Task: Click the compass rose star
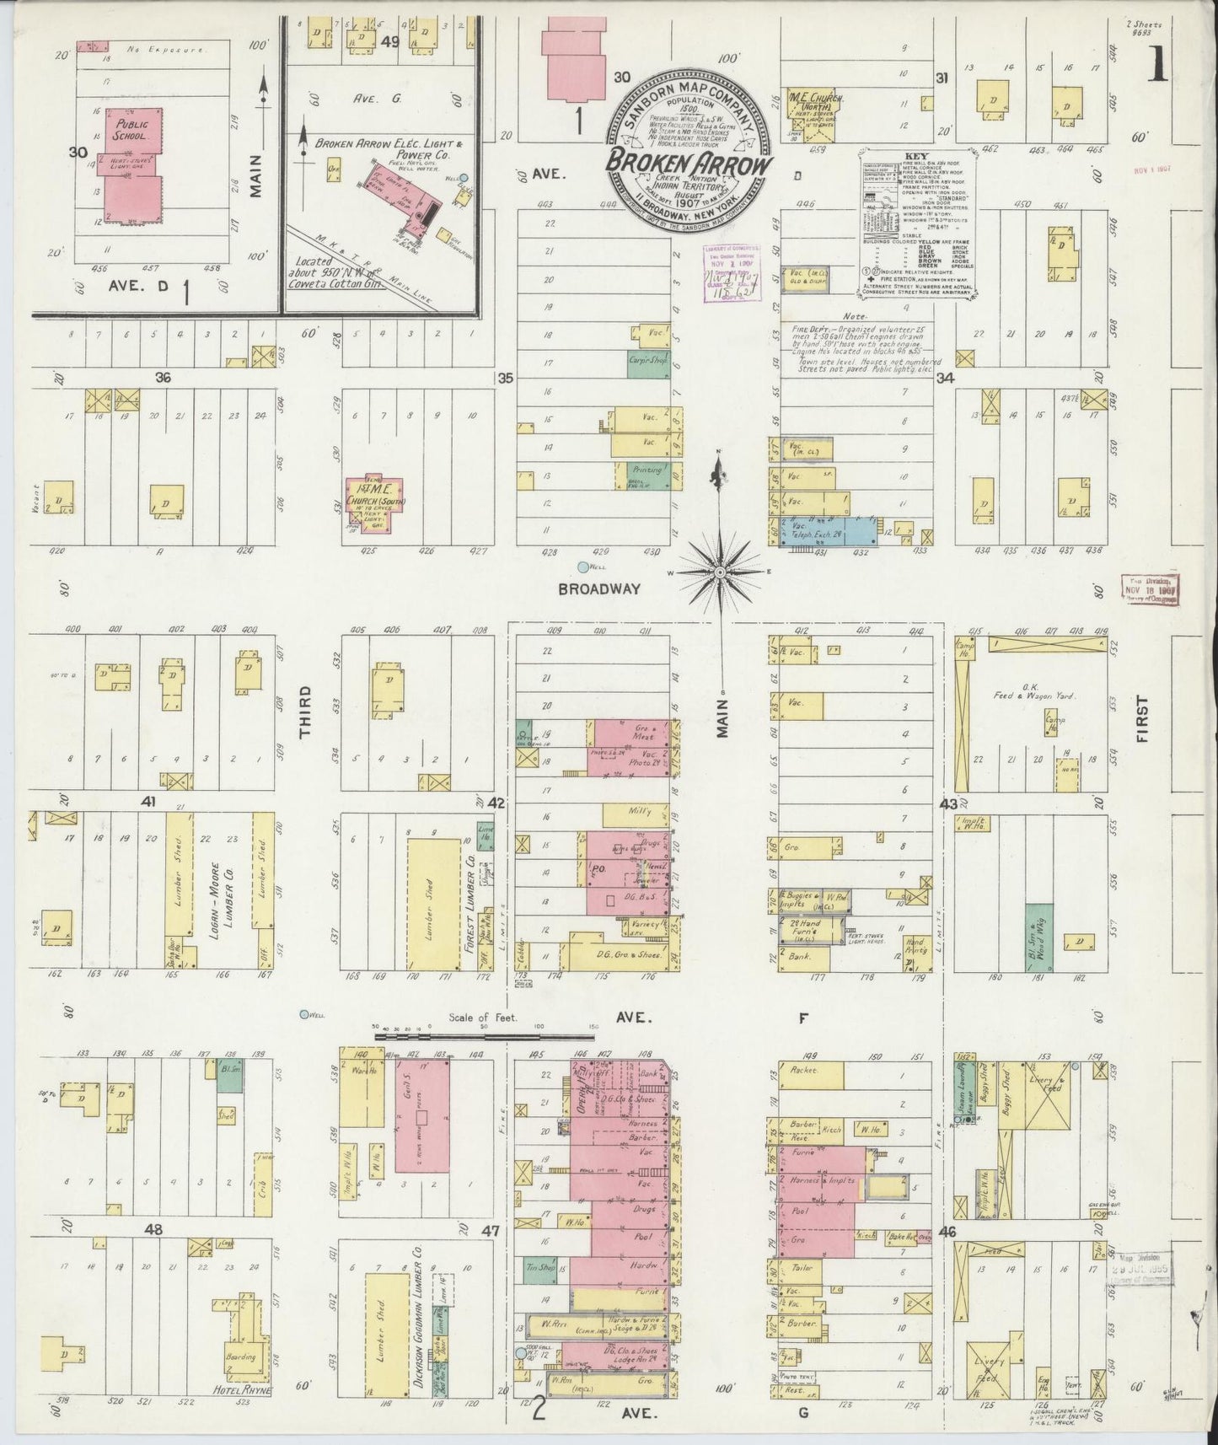(721, 572)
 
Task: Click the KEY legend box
(916, 223)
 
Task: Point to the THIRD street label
(305, 713)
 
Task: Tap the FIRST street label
(1143, 718)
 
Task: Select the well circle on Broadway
(582, 568)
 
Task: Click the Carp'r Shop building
(648, 359)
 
